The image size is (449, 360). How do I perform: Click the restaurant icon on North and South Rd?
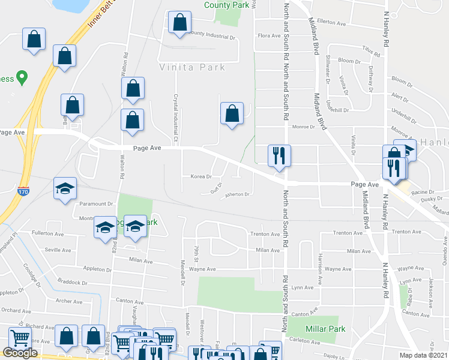[x=279, y=155]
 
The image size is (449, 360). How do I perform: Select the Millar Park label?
[x=325, y=329]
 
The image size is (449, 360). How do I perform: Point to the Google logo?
[x=20, y=353]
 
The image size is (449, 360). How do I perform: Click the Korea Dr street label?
[x=201, y=176]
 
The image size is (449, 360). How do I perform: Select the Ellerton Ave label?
[x=333, y=23]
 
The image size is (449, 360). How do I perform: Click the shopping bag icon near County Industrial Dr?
[x=179, y=23]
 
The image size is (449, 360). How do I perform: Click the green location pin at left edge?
[x=22, y=77]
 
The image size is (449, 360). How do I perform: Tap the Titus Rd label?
[x=367, y=49]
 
